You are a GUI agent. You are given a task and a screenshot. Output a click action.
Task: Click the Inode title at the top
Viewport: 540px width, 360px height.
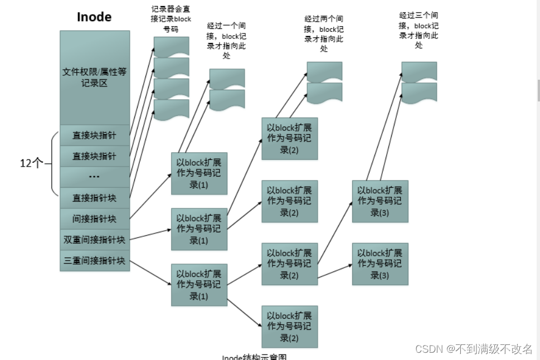click(x=94, y=17)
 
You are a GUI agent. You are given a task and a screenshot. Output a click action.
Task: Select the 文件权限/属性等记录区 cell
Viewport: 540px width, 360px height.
click(x=95, y=77)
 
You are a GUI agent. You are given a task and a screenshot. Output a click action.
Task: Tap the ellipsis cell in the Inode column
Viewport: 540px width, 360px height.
click(x=95, y=177)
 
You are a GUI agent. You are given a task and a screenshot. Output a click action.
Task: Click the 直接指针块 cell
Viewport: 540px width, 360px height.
click(x=95, y=197)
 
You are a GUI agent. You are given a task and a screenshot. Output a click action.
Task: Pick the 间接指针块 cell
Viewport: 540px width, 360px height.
click(x=95, y=218)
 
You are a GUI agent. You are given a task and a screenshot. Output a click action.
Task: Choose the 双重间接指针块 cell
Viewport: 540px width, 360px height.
click(x=95, y=240)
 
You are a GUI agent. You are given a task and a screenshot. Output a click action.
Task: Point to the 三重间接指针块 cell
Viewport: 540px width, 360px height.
click(x=95, y=260)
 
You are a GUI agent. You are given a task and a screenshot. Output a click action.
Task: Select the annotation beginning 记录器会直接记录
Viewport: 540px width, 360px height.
click(x=171, y=19)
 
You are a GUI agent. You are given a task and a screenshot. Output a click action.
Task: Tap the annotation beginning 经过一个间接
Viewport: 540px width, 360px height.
click(x=226, y=41)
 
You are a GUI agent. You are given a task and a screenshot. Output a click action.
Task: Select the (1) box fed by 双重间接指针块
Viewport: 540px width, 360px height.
click(x=199, y=229)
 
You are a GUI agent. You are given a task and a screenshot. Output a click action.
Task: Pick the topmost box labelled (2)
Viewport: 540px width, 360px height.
click(x=289, y=138)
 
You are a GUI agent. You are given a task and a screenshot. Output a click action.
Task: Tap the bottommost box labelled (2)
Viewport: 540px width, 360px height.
click(x=289, y=327)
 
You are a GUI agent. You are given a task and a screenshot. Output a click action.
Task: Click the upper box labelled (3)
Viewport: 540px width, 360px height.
click(x=380, y=201)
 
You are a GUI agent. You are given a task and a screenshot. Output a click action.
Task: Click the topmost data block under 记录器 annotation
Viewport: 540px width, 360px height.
click(x=171, y=46)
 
